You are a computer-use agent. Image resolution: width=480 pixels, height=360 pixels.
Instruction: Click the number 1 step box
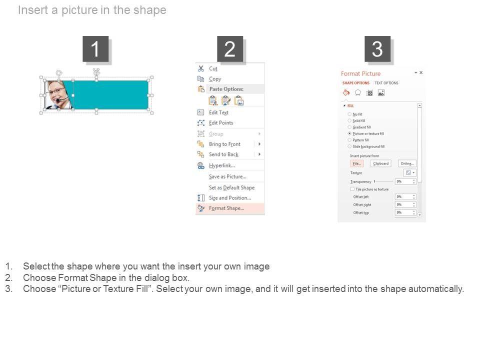coord(95,49)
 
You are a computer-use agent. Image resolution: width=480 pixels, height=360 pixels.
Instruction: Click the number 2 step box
coord(230,49)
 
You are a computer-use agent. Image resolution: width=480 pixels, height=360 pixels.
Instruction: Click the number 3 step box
coord(377,49)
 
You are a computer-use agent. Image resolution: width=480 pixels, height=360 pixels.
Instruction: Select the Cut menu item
coord(213,68)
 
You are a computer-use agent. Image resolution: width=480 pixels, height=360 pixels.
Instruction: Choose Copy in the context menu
coord(215,79)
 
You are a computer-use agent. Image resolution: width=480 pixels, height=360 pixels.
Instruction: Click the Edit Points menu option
coord(220,123)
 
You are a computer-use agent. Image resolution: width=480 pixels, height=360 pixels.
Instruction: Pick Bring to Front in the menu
coord(224,144)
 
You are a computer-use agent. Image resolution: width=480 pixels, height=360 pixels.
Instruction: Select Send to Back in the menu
coord(223,154)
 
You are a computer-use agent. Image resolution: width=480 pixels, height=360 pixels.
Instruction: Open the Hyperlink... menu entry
coord(221,165)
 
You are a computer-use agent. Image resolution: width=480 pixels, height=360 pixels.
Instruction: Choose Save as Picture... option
coord(227,176)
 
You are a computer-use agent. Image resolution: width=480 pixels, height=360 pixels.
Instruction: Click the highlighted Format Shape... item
coord(226,208)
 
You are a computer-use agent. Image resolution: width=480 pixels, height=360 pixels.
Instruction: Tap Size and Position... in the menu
coord(229,198)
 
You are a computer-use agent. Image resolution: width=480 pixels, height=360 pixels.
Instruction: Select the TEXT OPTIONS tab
coord(386,83)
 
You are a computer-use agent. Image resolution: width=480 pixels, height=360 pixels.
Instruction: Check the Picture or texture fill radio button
coord(349,134)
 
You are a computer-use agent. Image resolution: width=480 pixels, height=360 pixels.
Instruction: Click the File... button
coord(356,163)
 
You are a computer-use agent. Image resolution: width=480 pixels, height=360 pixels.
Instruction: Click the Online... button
coord(407,163)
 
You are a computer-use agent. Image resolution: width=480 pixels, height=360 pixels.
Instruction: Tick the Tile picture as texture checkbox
coord(352,189)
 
